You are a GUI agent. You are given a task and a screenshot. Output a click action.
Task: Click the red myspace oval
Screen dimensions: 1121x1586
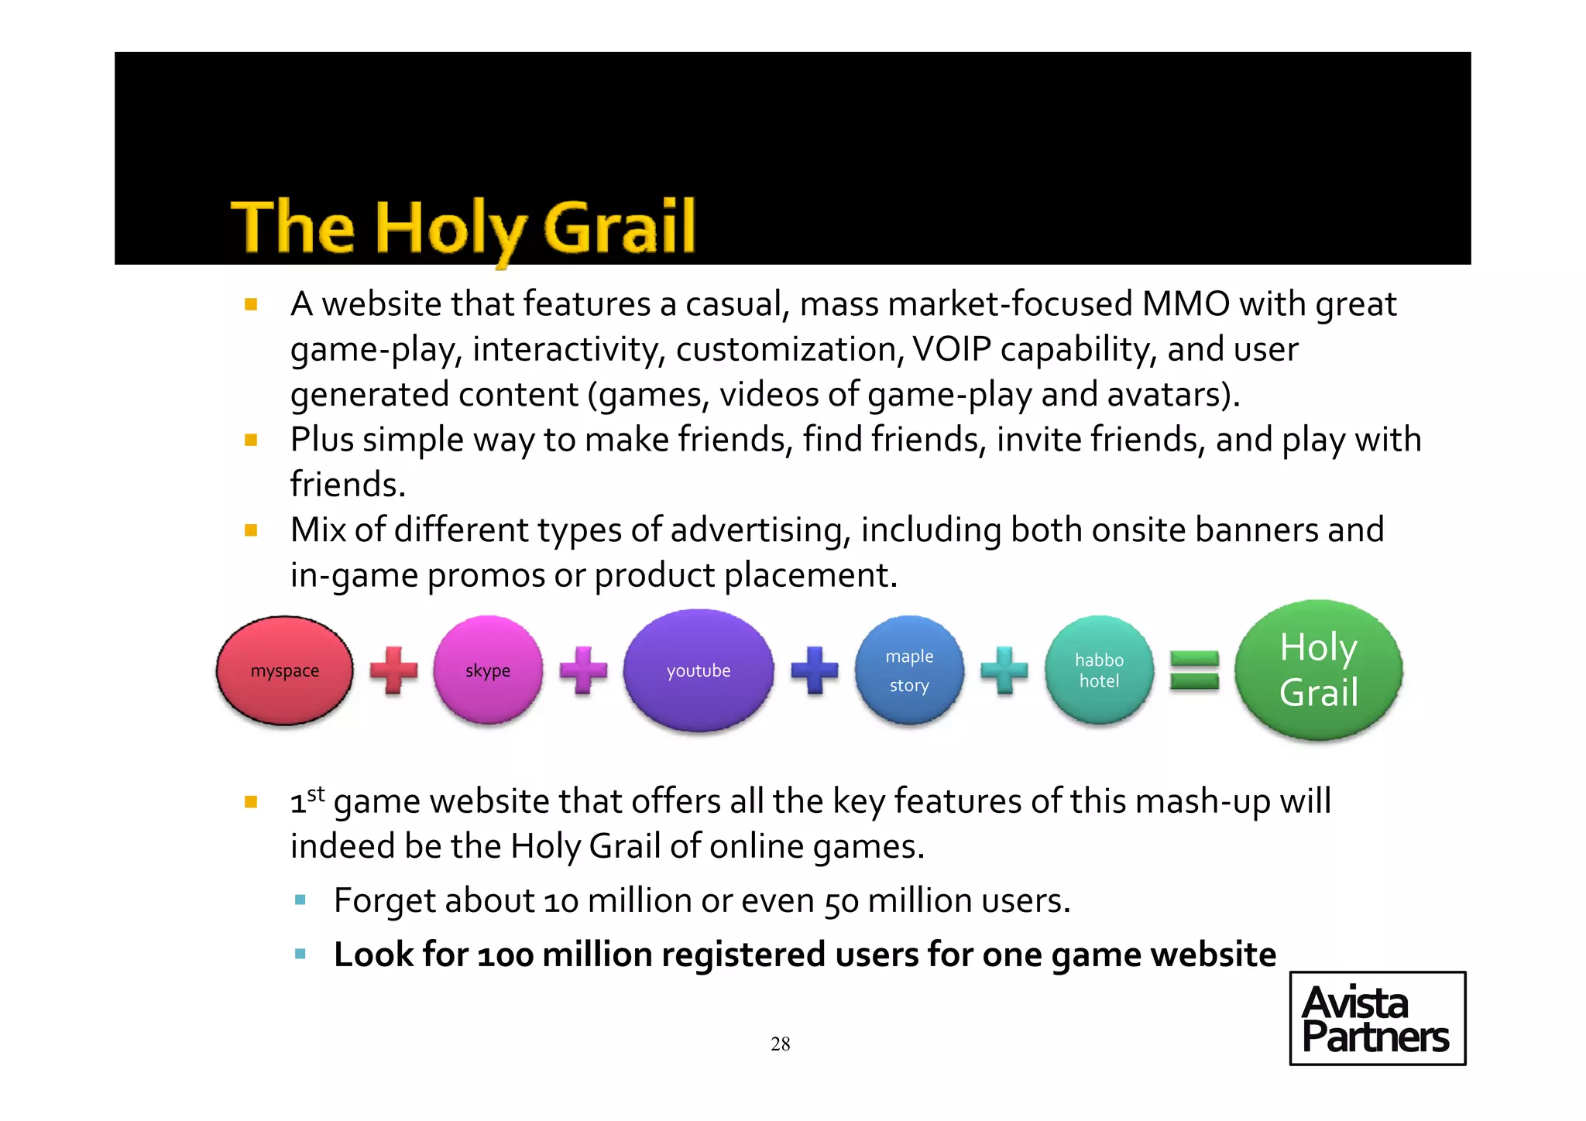[x=285, y=670]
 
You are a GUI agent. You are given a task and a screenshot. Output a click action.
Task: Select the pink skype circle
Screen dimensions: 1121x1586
[x=488, y=670]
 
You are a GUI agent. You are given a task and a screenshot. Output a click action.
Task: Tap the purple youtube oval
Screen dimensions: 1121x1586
[x=699, y=670]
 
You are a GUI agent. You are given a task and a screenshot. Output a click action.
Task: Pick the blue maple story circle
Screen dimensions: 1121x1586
[x=909, y=670]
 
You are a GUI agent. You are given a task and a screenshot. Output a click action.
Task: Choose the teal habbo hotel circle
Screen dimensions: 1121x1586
[x=1099, y=670]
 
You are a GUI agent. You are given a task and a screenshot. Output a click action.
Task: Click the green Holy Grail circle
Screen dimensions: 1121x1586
[x=1319, y=670]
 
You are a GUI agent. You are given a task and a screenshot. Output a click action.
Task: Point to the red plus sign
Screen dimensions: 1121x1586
[x=393, y=670]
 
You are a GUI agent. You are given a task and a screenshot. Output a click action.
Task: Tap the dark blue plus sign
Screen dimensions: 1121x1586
[x=815, y=670]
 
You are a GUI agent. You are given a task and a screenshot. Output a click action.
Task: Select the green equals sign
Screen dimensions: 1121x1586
[x=1194, y=670]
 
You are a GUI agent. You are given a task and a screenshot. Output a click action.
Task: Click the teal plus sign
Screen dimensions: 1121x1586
[x=1004, y=670]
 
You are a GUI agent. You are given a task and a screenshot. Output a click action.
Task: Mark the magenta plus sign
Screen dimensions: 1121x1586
[x=583, y=670]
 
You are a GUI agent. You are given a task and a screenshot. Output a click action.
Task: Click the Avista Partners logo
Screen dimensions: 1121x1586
[x=1377, y=1019]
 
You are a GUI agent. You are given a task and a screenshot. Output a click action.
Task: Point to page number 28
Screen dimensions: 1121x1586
[x=781, y=1044]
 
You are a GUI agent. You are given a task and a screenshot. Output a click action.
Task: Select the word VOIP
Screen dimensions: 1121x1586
[x=952, y=349]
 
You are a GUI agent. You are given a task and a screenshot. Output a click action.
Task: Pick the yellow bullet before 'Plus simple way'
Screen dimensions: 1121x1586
[x=251, y=441]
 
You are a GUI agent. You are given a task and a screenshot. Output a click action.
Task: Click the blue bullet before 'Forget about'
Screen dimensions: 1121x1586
[x=300, y=900]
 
